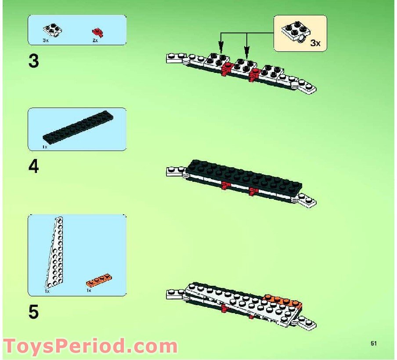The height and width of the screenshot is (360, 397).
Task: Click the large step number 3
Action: click(x=34, y=61)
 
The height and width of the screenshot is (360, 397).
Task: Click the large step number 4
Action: click(x=34, y=167)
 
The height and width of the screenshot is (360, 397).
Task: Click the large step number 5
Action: click(x=34, y=312)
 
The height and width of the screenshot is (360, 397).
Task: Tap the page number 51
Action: click(x=374, y=344)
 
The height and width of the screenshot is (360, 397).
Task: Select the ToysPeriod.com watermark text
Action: click(x=90, y=346)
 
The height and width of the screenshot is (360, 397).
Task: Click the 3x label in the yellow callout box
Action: click(x=315, y=43)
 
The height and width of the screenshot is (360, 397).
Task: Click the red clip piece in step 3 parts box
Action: click(x=97, y=32)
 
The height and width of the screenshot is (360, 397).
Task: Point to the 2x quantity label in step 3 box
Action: click(x=95, y=40)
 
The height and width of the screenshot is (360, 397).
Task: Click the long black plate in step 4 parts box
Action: click(x=78, y=127)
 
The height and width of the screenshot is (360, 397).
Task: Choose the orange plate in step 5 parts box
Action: click(x=98, y=280)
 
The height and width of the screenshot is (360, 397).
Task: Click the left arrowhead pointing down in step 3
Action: click(x=221, y=46)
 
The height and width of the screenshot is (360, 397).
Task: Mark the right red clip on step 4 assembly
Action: click(x=252, y=191)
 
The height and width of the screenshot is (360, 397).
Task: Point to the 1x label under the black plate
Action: click(x=45, y=147)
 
